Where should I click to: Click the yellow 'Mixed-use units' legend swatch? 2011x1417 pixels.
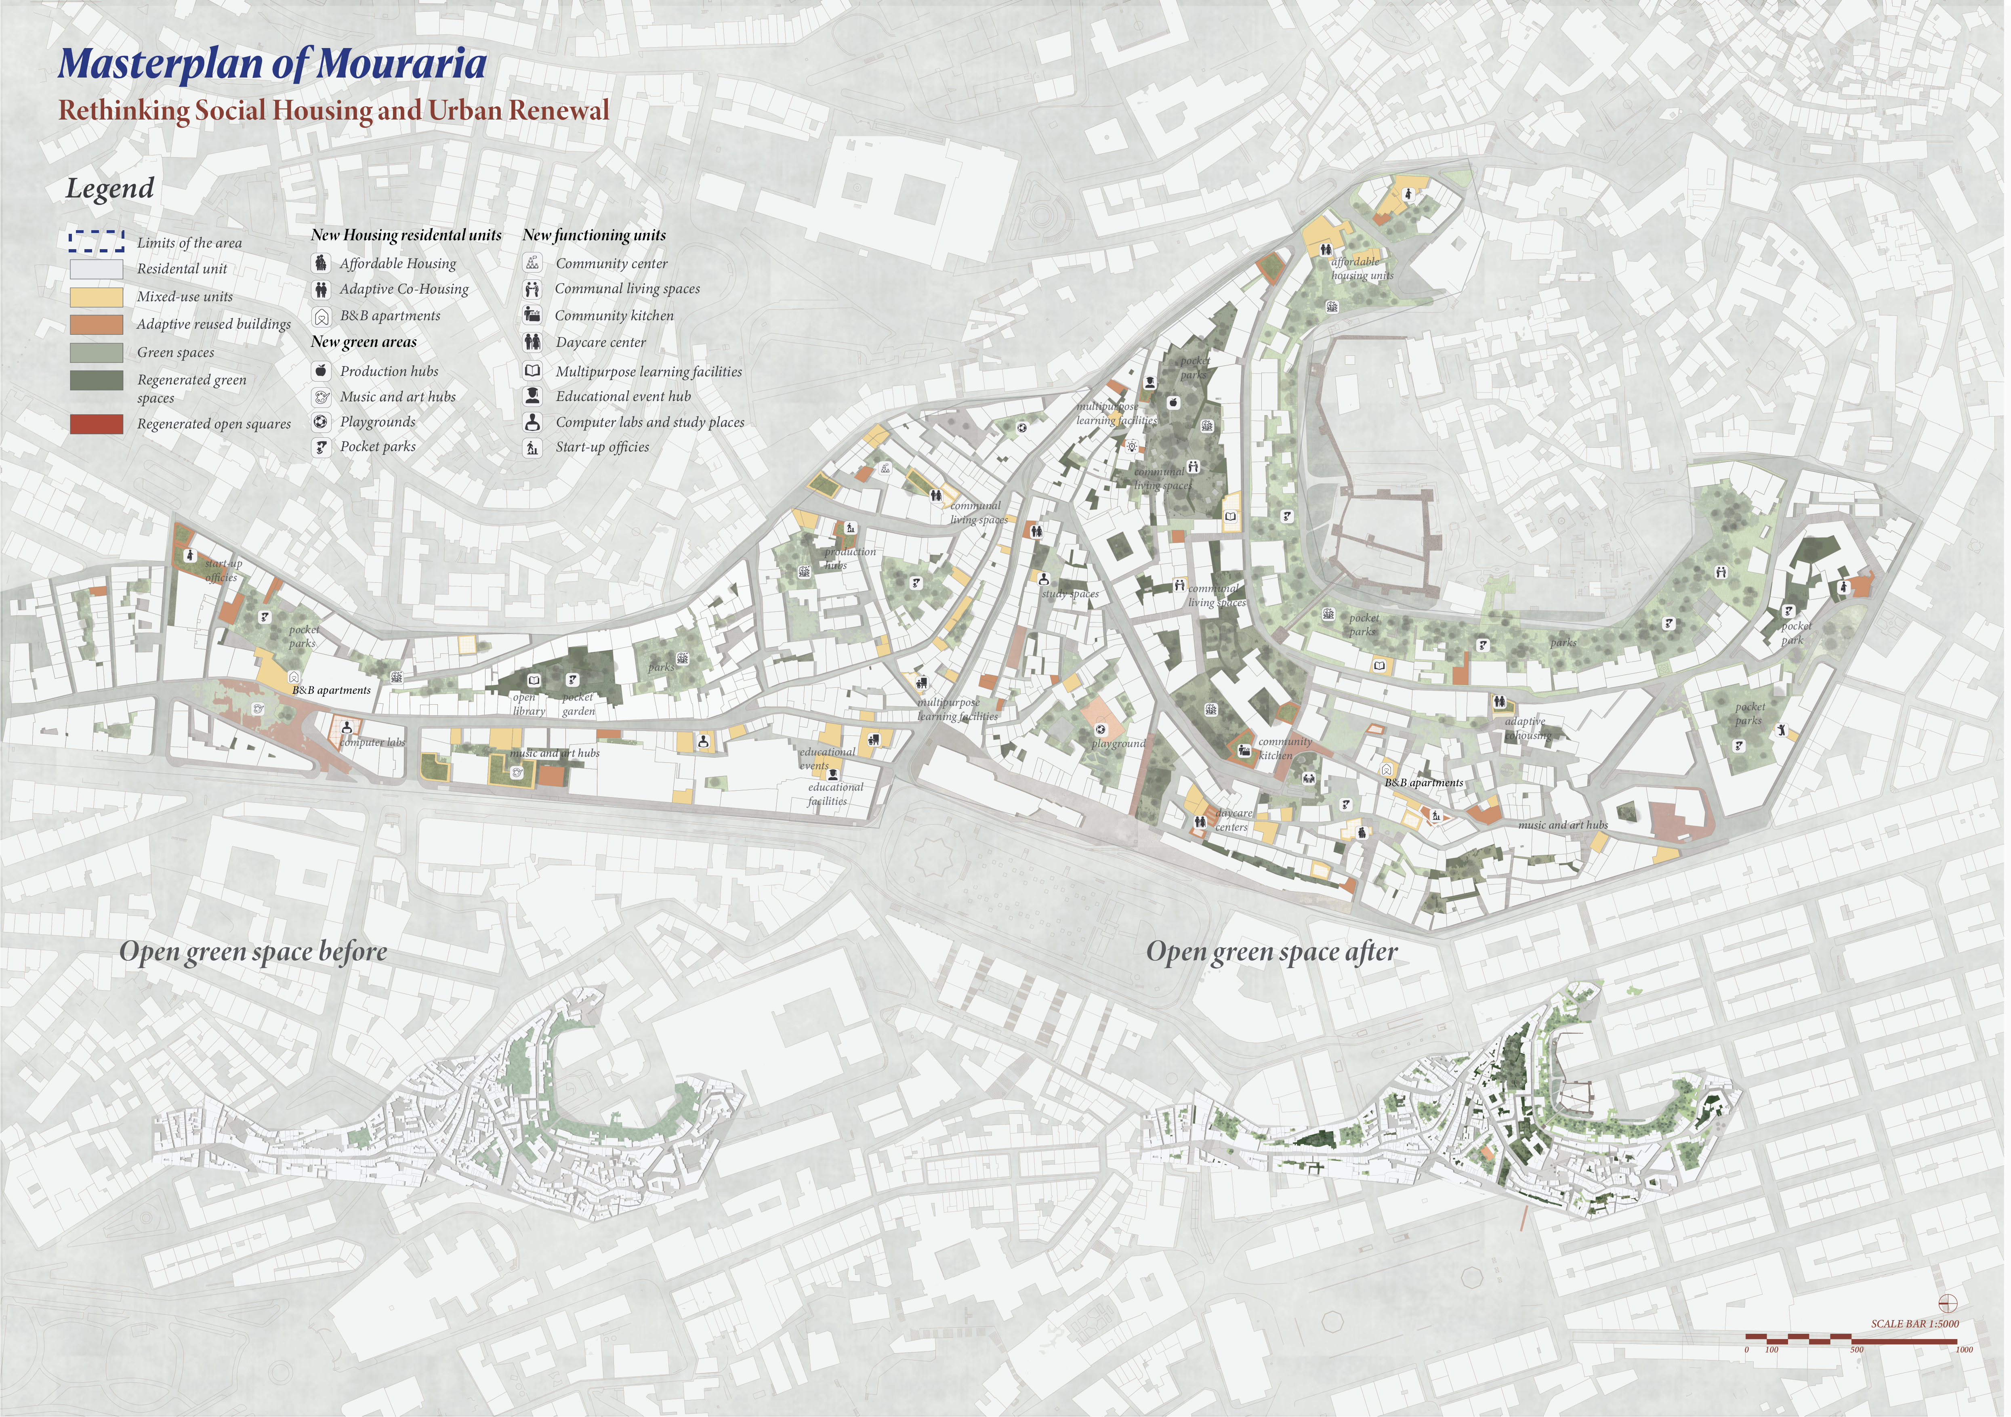97,296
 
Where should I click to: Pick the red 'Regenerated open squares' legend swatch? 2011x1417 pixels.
97,424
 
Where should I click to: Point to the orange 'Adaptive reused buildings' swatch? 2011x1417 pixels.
97,324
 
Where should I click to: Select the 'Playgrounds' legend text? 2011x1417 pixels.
378,421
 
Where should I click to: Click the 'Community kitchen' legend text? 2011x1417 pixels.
614,315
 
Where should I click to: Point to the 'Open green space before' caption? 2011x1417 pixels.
253,952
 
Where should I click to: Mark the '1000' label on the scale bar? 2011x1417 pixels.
1964,1350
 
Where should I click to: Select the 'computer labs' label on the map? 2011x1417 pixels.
373,743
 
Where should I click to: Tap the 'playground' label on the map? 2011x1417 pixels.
1118,743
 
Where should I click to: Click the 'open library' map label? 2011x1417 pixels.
528,704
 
